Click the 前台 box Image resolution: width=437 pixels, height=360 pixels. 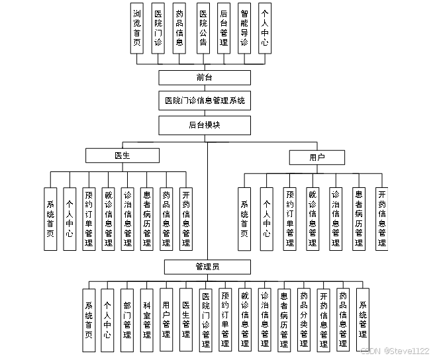(x=205, y=78)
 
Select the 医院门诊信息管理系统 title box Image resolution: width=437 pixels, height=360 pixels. (x=205, y=101)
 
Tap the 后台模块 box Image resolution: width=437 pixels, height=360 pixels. (x=205, y=124)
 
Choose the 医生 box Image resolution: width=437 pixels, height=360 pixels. (x=122, y=156)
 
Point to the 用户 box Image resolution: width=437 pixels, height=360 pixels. (x=317, y=157)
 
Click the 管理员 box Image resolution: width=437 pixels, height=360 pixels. (x=208, y=267)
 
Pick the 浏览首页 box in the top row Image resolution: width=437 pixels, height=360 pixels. (x=137, y=27)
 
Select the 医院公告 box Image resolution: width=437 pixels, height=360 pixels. (x=203, y=27)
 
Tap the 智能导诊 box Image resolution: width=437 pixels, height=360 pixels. (x=244, y=27)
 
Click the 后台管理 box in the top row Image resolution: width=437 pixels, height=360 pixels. (x=224, y=27)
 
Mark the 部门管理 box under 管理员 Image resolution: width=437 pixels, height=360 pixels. (x=126, y=320)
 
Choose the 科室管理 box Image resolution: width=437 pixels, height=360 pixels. (x=146, y=320)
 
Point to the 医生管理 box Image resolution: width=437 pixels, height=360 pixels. (x=186, y=320)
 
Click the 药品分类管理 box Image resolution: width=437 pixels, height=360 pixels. (x=303, y=320)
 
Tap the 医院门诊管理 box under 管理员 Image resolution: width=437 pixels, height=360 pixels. (x=205, y=320)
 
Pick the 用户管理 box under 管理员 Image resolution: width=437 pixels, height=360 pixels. (x=166, y=320)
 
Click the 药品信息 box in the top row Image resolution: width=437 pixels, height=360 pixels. (x=179, y=27)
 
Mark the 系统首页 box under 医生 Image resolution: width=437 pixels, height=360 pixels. (x=50, y=219)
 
